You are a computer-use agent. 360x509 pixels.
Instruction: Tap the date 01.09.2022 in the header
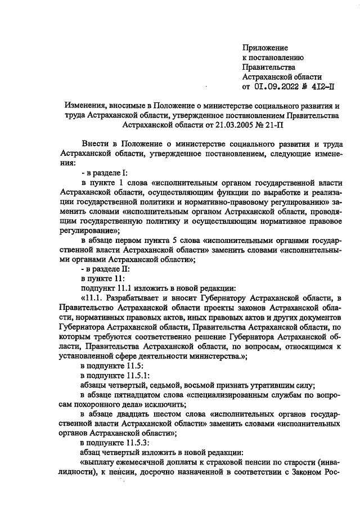pos(279,87)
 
